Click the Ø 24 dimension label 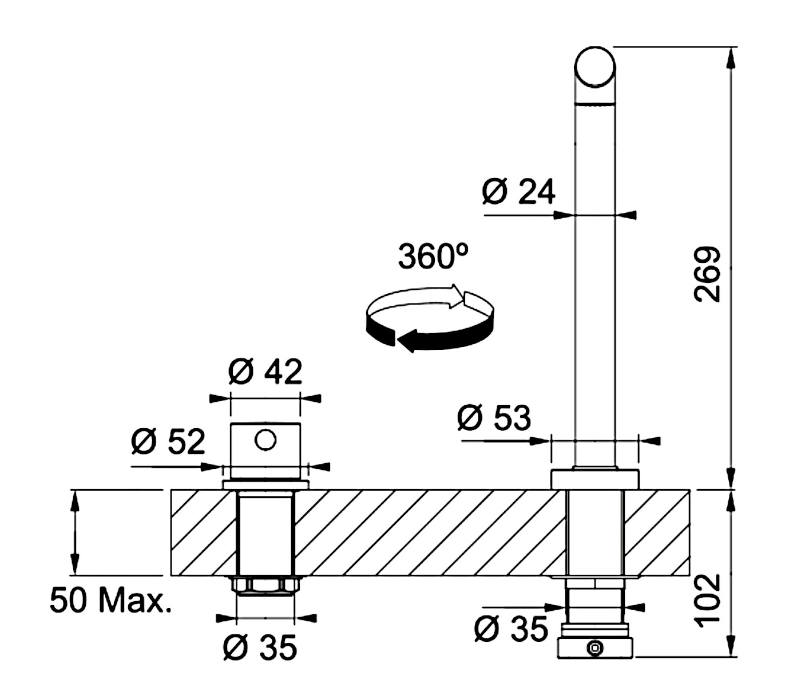[x=518, y=192]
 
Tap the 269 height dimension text [x=707, y=274]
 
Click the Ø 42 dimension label [x=265, y=372]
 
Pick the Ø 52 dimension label [x=168, y=441]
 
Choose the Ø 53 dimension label [x=494, y=417]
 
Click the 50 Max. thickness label [x=110, y=600]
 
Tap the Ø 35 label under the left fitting [x=260, y=647]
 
